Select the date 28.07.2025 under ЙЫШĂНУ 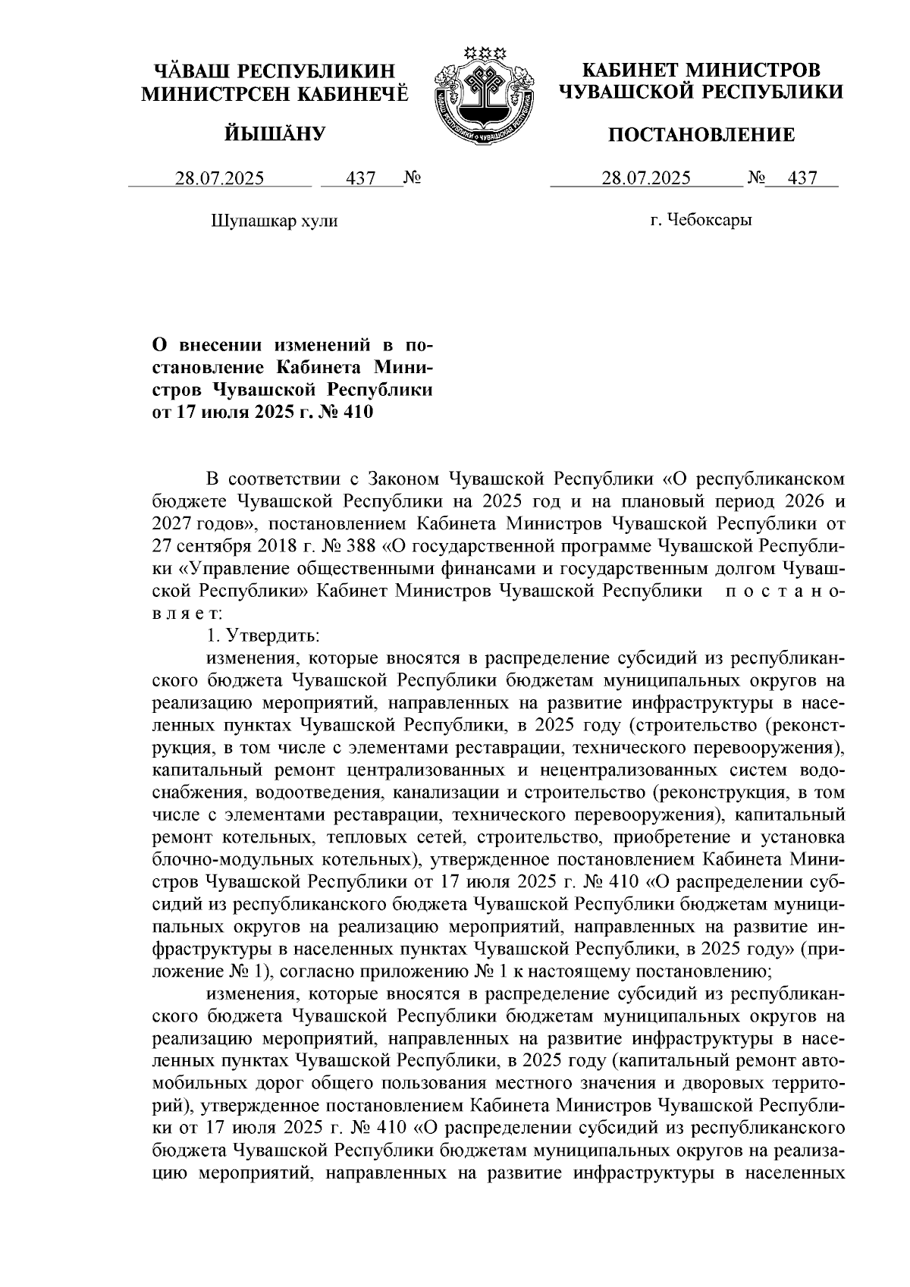(x=220, y=179)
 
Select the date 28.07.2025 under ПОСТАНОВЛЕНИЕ (x=646, y=179)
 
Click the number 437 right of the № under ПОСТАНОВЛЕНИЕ (x=802, y=179)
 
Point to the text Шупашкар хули (x=273, y=221)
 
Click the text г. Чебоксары (x=701, y=221)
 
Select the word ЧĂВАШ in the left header (x=190, y=71)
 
